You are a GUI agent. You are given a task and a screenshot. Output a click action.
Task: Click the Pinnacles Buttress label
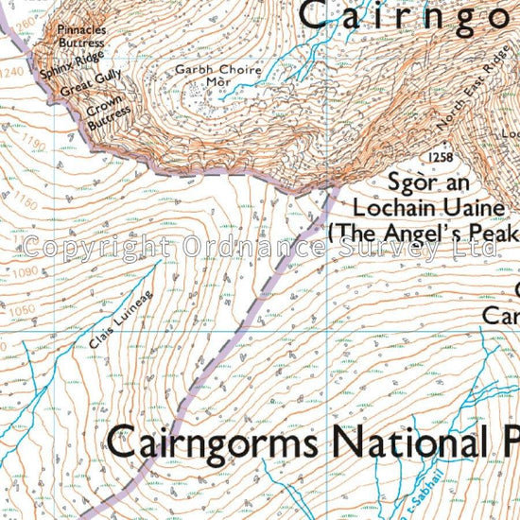81,36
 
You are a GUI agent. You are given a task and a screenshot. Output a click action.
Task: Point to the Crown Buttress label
107,112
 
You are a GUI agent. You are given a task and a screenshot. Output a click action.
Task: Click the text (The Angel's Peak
422,233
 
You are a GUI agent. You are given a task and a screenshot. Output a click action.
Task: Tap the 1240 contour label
12,71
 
